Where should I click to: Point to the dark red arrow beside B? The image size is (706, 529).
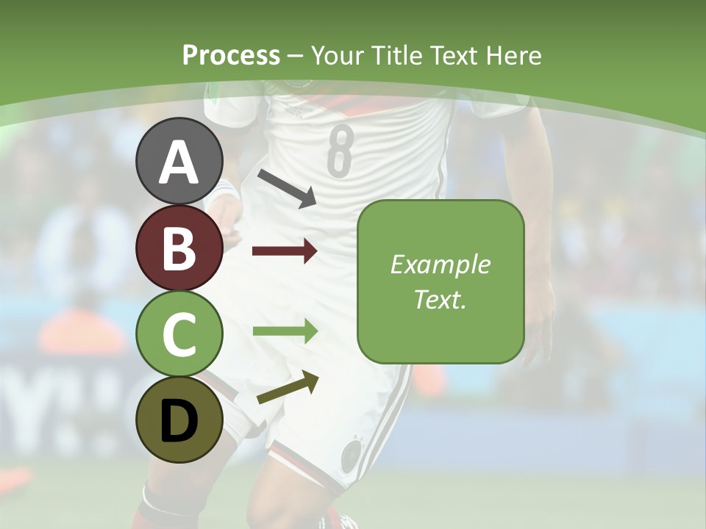(285, 251)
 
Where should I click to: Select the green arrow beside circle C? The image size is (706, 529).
(285, 331)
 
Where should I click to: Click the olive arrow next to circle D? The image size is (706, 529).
(288, 389)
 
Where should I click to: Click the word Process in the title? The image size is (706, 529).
(231, 55)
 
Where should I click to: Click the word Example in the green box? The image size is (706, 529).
(440, 264)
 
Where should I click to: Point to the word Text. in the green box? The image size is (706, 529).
(440, 299)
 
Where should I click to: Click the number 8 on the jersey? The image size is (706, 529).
(339, 151)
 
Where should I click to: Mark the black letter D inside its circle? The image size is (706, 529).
(179, 422)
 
